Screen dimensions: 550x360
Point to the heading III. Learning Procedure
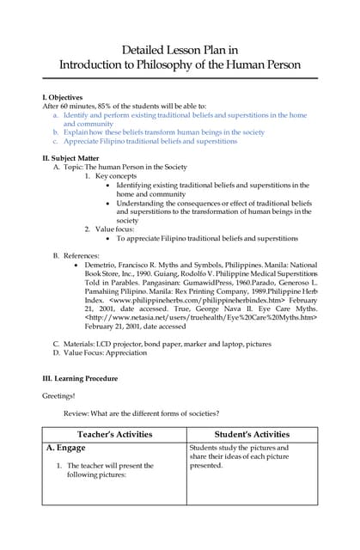80,378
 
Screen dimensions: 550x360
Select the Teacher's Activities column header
114,434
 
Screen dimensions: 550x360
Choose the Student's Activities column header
252,434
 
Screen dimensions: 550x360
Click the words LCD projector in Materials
125,344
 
